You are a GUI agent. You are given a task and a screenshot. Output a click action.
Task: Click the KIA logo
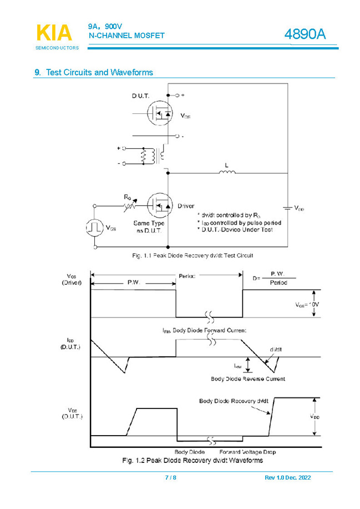[x=54, y=33]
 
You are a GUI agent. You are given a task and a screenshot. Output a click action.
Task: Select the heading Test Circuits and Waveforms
[x=94, y=73]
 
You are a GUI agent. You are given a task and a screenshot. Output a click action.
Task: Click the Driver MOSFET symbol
[x=160, y=206]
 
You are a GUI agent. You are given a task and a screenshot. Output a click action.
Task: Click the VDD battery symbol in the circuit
[x=287, y=208]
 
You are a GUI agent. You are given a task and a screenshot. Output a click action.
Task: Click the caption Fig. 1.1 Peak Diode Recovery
[x=192, y=255]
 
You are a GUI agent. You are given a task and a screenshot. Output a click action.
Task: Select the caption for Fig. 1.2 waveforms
[x=192, y=461]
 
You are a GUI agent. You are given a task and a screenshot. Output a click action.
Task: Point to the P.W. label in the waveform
[x=133, y=282]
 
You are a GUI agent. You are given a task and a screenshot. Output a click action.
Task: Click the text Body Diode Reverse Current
[x=248, y=379]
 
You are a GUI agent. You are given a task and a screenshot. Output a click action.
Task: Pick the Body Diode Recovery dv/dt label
[x=234, y=401]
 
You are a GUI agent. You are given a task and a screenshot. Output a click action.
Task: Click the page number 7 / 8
[x=171, y=478]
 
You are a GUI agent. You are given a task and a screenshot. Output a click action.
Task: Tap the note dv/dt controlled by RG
[x=229, y=215]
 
